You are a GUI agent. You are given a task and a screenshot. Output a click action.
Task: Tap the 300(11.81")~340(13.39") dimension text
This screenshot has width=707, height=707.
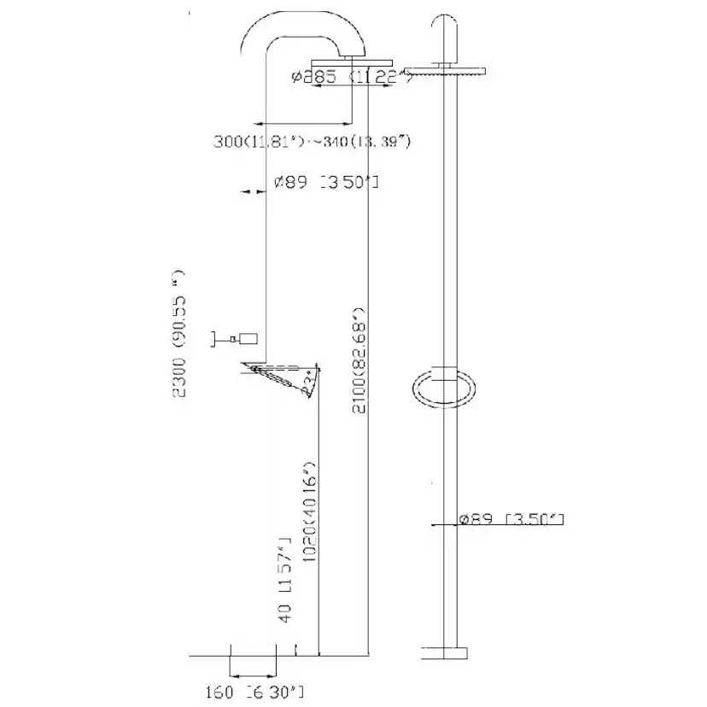tap(313, 141)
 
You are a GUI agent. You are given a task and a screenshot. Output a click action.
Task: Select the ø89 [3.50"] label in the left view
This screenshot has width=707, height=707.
tap(325, 182)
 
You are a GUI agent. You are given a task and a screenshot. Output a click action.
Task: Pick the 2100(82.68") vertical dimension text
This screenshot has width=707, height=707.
tap(359, 364)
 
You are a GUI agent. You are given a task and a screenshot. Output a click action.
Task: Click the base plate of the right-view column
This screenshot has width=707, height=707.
tap(445, 653)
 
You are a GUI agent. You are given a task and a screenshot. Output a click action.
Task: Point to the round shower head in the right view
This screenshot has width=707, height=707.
tap(445, 70)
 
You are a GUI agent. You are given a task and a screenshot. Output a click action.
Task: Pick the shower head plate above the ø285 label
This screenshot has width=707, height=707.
tap(352, 62)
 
